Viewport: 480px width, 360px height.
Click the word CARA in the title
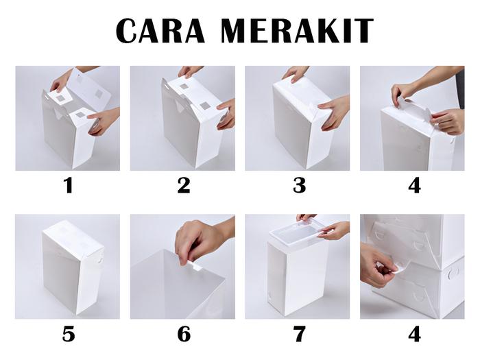(x=160, y=30)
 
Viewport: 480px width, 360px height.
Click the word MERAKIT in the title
(x=297, y=30)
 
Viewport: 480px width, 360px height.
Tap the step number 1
(x=69, y=186)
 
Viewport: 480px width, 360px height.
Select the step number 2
(x=184, y=186)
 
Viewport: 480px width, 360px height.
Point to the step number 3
(x=299, y=186)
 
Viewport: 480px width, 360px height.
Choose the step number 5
(x=69, y=334)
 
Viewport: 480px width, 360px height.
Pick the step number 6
(x=184, y=334)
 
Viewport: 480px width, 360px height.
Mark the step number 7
(x=299, y=334)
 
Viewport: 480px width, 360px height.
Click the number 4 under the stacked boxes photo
(x=414, y=334)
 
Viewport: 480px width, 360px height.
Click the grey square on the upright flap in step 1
(x=99, y=93)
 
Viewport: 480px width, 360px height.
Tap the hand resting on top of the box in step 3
(x=295, y=73)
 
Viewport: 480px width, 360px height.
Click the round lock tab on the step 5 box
(x=100, y=260)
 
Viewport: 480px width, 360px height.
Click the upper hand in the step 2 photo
(x=191, y=71)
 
